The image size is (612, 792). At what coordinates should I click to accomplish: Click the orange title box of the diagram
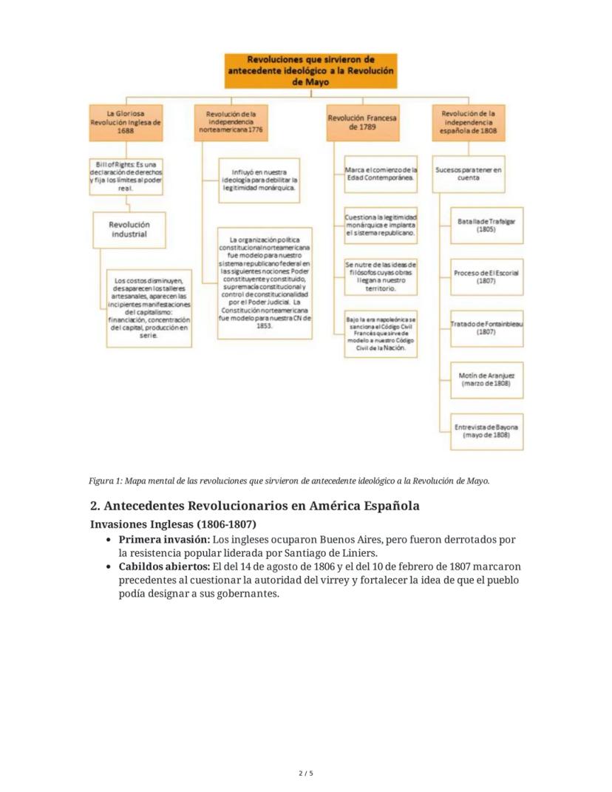coord(310,71)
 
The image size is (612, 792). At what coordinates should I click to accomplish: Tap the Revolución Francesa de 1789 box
coord(362,123)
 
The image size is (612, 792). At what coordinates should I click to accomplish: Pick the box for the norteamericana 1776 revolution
coord(231,123)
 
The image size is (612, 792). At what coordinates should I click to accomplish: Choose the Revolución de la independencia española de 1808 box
coord(468,123)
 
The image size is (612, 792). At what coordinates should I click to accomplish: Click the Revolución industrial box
coord(129,229)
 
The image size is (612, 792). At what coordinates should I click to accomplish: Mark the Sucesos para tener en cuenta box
coord(468,174)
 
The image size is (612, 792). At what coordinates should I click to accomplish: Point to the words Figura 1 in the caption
coord(105,481)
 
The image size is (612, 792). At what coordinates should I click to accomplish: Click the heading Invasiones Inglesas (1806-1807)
coord(163,524)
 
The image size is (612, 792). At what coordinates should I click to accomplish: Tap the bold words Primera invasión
coord(163,540)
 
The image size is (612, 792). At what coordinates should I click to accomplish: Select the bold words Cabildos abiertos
coord(163,567)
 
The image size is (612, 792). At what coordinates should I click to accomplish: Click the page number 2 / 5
coord(306,774)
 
